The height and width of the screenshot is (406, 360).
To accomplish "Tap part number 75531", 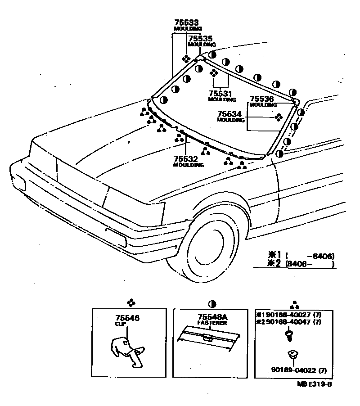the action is click(x=220, y=93).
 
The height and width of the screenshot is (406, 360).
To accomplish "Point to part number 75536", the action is click(x=261, y=99).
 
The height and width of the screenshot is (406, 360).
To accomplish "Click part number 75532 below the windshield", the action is click(x=185, y=159).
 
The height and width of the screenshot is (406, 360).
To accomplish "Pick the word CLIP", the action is click(x=120, y=324).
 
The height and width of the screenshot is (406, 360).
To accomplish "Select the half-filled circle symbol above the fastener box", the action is click(x=211, y=303).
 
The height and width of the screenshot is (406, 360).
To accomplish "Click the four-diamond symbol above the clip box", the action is click(x=130, y=303).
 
